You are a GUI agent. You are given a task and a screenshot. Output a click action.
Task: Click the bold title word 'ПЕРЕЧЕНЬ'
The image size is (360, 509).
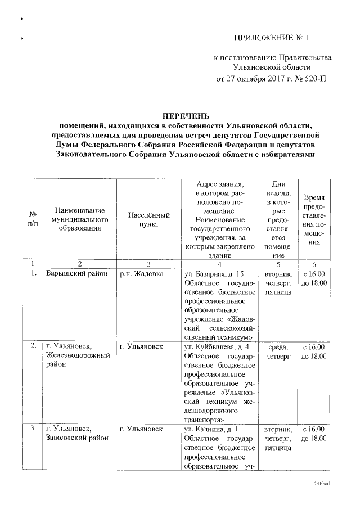186,116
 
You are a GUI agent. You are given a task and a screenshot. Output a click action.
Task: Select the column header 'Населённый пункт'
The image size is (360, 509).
149,219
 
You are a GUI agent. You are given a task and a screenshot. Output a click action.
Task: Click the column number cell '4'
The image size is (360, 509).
219,264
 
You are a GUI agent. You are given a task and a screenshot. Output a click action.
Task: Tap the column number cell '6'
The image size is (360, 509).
314,264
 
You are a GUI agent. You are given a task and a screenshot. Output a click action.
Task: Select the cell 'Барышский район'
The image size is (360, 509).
73,274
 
